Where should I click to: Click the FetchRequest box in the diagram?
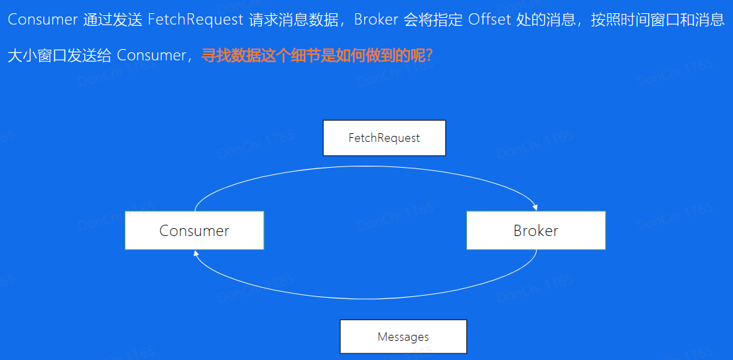(384, 138)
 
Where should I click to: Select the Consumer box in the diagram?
(194, 230)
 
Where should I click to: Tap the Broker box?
(536, 230)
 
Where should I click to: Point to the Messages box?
(403, 337)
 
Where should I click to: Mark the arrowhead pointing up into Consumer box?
(195, 253)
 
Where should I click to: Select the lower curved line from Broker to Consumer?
(365, 290)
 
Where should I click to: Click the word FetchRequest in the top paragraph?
(196, 19)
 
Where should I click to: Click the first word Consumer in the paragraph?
(42, 19)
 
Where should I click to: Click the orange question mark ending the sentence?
(429, 55)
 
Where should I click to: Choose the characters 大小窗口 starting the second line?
(36, 55)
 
